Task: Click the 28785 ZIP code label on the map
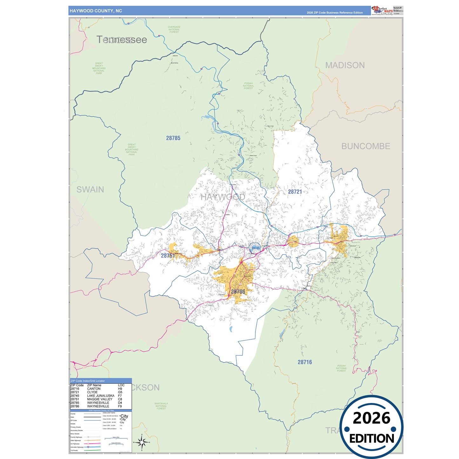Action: coord(173,138)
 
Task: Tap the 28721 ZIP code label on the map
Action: coord(295,192)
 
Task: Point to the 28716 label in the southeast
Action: coord(305,362)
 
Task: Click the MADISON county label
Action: coord(345,65)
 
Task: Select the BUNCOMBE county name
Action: coord(366,146)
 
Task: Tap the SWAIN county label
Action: coord(90,190)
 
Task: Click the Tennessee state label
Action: coord(122,40)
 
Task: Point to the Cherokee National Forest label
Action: coord(174,30)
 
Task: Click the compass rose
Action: coord(142,442)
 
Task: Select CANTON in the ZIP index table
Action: coord(94,389)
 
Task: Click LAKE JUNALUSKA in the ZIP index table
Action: coord(101,396)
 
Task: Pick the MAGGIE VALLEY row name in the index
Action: coord(100,399)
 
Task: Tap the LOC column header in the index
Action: coord(121,385)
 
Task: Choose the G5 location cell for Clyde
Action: coord(120,392)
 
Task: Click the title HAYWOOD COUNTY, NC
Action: coord(96,11)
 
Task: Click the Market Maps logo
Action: coord(382,10)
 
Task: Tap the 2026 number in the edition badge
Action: coord(371,418)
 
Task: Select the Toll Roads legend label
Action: coord(74,450)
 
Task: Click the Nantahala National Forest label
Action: coord(161,406)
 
